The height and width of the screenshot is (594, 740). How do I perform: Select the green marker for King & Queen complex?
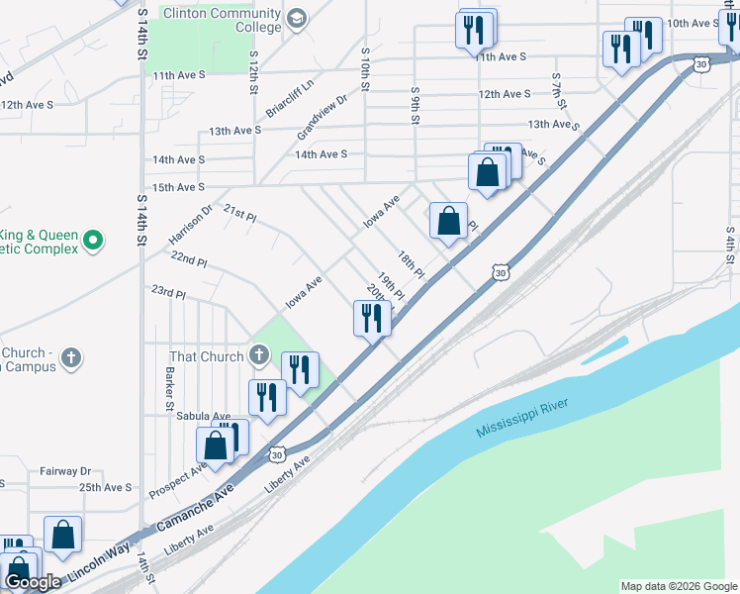(94, 240)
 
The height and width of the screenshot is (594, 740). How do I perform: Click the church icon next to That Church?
(259, 355)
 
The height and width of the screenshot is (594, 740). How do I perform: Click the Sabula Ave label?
(203, 416)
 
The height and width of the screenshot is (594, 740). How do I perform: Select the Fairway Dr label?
(65, 471)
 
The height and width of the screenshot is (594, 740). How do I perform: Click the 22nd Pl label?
(188, 261)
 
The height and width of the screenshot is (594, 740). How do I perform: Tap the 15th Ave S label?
(178, 187)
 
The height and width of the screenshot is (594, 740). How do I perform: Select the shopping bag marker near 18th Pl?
(448, 222)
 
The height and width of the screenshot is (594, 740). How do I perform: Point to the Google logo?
(33, 583)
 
